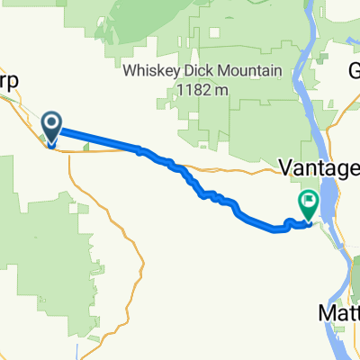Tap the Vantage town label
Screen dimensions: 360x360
[x=320, y=168]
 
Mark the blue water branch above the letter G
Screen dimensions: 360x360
[x=346, y=40]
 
